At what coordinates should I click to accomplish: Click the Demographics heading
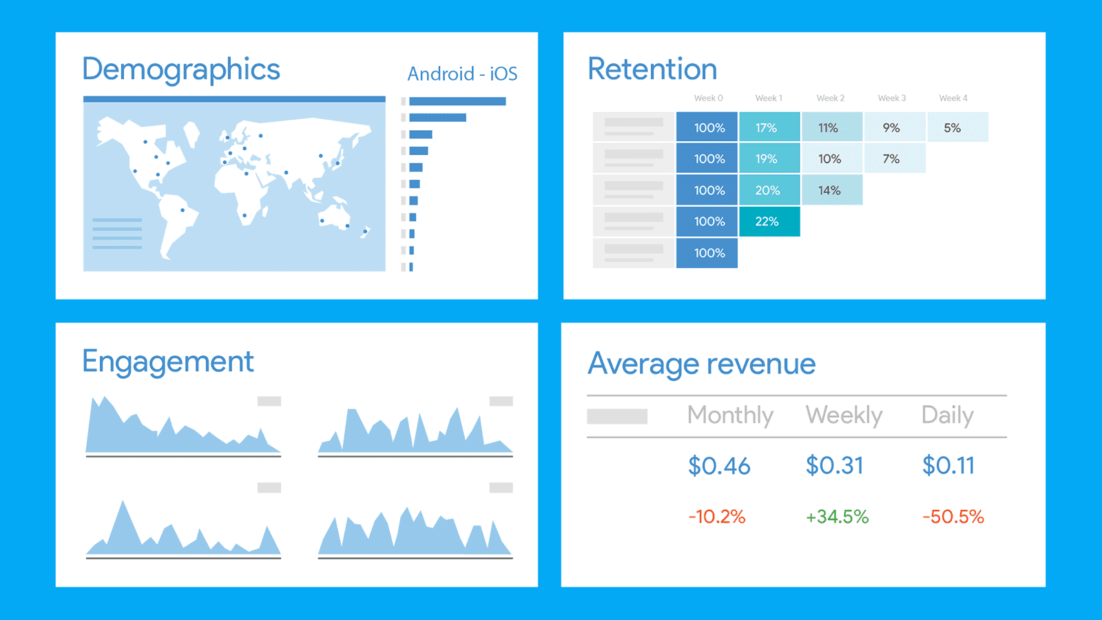181,70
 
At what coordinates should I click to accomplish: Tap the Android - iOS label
462,74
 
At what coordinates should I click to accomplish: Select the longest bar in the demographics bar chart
457,101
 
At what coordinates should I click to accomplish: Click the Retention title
652,70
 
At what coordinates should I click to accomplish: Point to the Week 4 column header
953,99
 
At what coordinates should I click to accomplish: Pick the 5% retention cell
953,128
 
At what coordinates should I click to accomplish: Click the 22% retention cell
767,222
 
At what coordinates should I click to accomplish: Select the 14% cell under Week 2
829,191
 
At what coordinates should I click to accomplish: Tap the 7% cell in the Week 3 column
891,159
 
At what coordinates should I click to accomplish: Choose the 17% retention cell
767,128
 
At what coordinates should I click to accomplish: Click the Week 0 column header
708,99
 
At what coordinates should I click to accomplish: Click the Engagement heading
168,362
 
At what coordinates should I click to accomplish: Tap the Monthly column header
730,415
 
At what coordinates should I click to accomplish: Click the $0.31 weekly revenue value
835,466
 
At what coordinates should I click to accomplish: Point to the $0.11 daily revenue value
948,466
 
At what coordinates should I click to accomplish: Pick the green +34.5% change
838,517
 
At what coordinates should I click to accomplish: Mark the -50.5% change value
953,517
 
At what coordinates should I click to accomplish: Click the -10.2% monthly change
717,517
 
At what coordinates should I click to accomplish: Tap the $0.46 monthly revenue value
719,466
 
